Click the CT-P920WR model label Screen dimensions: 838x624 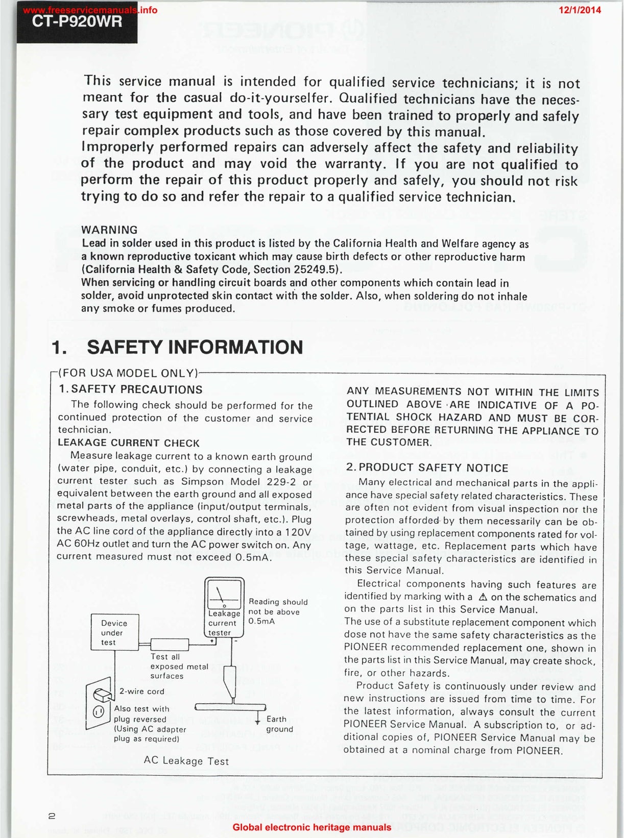77,22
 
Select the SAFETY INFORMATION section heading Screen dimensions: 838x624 195,347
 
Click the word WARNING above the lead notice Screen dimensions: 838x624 109,230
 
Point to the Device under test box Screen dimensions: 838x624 114,632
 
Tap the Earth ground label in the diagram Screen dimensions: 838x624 279,724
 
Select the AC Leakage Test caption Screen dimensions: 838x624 186,761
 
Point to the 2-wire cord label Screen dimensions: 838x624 141,692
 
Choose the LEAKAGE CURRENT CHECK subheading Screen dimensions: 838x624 128,443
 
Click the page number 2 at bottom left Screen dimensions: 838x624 52,816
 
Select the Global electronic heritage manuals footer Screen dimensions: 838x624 311,827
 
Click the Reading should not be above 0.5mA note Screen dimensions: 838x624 278,611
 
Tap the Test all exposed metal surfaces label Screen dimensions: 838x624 179,666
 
